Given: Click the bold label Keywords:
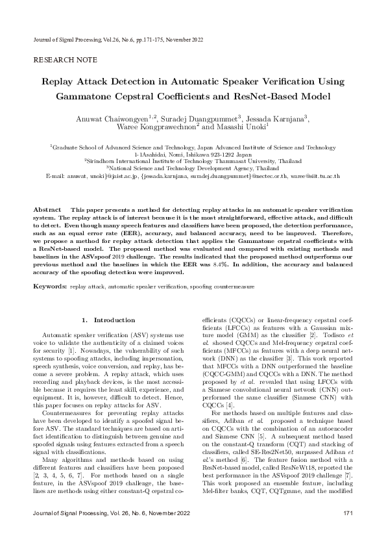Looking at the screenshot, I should click(49, 286).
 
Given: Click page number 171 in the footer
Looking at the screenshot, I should click(348, 533).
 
